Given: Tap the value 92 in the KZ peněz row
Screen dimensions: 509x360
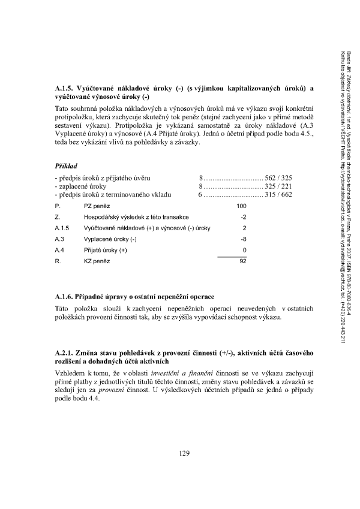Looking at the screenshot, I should click(x=243, y=261).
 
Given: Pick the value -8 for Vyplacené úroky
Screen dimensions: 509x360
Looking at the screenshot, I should click(x=244, y=239).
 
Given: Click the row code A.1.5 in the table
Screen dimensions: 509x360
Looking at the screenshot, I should click(x=62, y=228).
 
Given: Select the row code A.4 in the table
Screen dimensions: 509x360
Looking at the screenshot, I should click(x=59, y=249).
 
